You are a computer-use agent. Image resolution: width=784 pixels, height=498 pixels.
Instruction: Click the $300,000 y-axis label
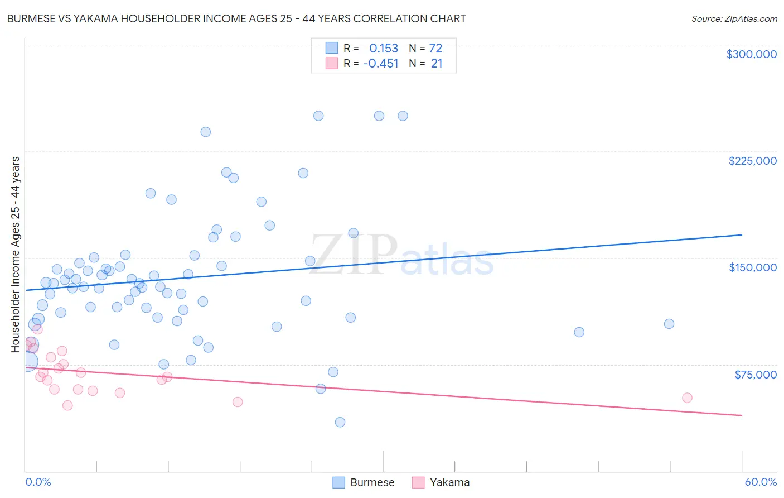tap(751, 54)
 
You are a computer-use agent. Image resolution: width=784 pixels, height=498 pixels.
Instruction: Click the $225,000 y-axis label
tap(752, 161)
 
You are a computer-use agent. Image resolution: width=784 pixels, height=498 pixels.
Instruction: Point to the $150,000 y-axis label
tap(752, 267)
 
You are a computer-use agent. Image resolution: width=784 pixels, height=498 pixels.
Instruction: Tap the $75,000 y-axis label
tap(755, 375)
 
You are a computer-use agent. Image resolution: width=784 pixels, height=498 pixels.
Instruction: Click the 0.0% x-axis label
tap(38, 482)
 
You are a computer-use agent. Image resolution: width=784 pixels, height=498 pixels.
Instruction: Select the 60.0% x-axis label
tap(760, 482)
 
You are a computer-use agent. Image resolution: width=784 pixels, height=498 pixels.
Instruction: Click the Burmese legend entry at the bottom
tap(364, 482)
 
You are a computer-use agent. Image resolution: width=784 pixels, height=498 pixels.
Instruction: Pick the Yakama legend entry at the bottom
tap(441, 482)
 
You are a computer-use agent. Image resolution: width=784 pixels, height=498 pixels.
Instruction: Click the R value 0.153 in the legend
tap(384, 48)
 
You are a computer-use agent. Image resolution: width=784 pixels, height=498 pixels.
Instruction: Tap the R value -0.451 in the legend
tap(380, 64)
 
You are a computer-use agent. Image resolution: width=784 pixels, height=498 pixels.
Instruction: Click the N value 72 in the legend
tap(435, 48)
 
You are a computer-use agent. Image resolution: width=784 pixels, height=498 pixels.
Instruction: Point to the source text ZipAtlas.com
tap(734, 18)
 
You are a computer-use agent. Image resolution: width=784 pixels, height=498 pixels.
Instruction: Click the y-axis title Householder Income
tap(15, 254)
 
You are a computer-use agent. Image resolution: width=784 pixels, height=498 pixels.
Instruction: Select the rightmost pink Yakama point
tap(687, 398)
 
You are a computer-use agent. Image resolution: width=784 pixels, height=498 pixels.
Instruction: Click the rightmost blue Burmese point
tap(669, 324)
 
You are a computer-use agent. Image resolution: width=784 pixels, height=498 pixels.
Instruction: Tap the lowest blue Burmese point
tap(340, 422)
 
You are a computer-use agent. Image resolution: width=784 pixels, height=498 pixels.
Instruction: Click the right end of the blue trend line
tap(742, 235)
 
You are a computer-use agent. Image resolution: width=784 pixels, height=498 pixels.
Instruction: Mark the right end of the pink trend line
tap(742, 415)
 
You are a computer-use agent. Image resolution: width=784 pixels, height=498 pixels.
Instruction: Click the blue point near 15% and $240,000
tap(205, 132)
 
